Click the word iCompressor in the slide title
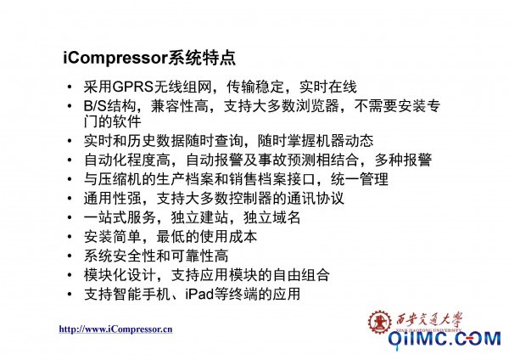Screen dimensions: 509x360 click(115, 58)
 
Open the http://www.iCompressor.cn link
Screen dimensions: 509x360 click(115, 329)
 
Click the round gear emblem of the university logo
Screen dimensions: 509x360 click(379, 322)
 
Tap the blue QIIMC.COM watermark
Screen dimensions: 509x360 click(445, 340)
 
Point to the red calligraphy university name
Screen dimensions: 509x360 click(429, 320)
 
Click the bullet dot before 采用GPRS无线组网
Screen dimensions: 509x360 click(70, 87)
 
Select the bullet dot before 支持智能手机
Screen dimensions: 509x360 click(70, 295)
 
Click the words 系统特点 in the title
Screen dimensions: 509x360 click(202, 58)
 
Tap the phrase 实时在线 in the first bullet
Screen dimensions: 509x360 click(327, 87)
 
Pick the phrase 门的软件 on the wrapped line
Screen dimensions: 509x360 click(112, 122)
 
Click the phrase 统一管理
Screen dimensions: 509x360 click(360, 179)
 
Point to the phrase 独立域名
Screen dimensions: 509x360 click(272, 217)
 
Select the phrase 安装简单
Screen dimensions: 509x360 click(112, 237)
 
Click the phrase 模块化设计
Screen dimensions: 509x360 click(120, 275)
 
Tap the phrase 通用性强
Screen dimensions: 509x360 click(112, 198)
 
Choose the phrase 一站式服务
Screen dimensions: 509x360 click(120, 217)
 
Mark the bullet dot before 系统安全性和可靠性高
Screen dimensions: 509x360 click(70, 256)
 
